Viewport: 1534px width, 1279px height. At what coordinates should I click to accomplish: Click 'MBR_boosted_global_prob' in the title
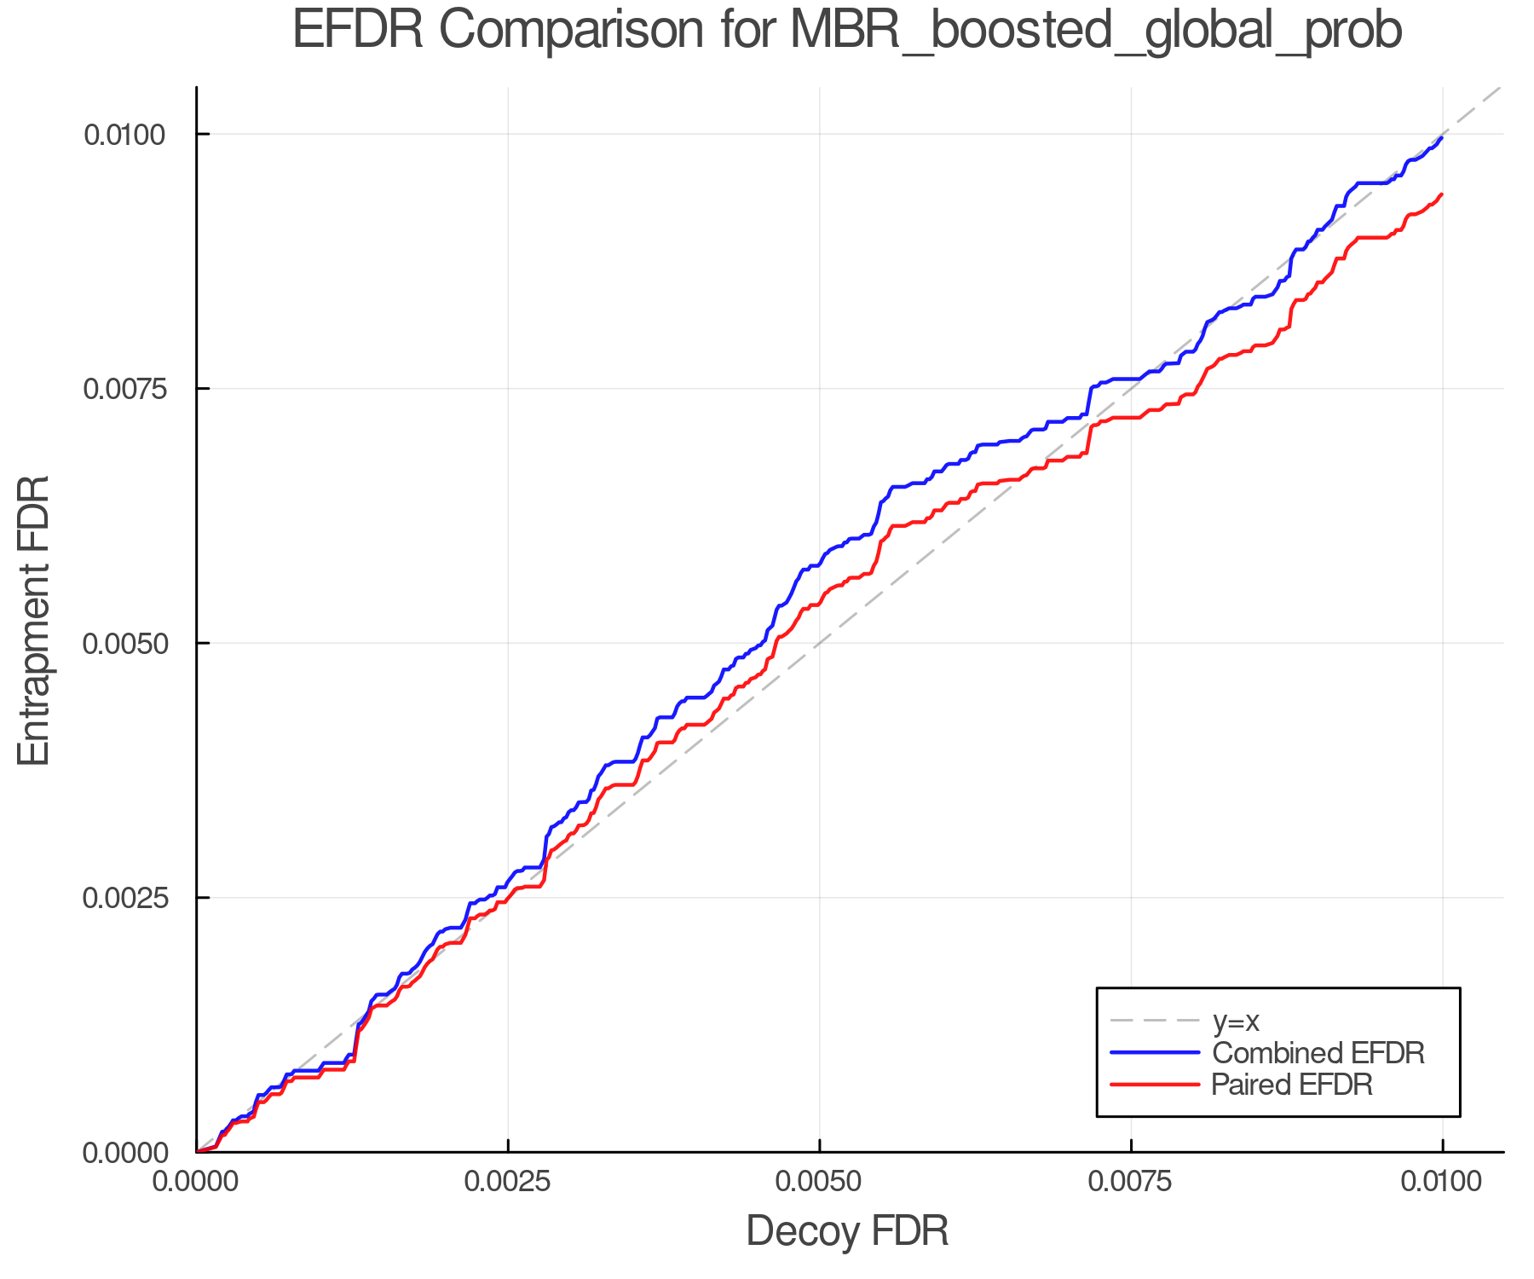[x=1095, y=31]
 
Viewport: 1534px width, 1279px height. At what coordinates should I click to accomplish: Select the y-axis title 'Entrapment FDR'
[x=34, y=620]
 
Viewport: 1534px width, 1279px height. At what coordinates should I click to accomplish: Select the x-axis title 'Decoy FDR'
[x=847, y=1231]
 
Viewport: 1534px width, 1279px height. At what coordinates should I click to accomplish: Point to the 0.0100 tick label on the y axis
[x=124, y=134]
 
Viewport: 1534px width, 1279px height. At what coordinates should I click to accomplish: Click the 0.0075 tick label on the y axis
[x=124, y=389]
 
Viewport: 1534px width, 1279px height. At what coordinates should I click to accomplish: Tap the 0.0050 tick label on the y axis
[x=124, y=643]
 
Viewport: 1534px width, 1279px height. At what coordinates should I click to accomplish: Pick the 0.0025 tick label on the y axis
[x=124, y=898]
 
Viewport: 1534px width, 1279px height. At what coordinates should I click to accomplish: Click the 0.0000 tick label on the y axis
[x=124, y=1153]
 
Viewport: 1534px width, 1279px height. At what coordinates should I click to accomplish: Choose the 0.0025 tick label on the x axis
[x=508, y=1182]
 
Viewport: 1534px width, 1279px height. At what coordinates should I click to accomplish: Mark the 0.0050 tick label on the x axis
[x=819, y=1182]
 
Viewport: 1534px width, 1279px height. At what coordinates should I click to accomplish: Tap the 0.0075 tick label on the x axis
[x=1131, y=1182]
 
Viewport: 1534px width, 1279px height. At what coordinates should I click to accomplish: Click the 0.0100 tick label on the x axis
[x=1442, y=1182]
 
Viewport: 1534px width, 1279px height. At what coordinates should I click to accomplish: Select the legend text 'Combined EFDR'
[x=1318, y=1053]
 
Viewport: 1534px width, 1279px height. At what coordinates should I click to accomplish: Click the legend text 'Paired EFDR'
[x=1292, y=1085]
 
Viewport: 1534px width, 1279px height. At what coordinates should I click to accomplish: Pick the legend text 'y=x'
[x=1236, y=1021]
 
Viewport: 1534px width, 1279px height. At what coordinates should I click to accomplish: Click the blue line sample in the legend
[x=1155, y=1053]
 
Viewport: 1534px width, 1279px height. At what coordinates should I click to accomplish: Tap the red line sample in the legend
[x=1155, y=1085]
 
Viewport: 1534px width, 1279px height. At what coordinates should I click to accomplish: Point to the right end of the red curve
[x=1441, y=194]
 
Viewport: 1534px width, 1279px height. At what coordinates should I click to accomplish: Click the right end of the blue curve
[x=1441, y=137]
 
